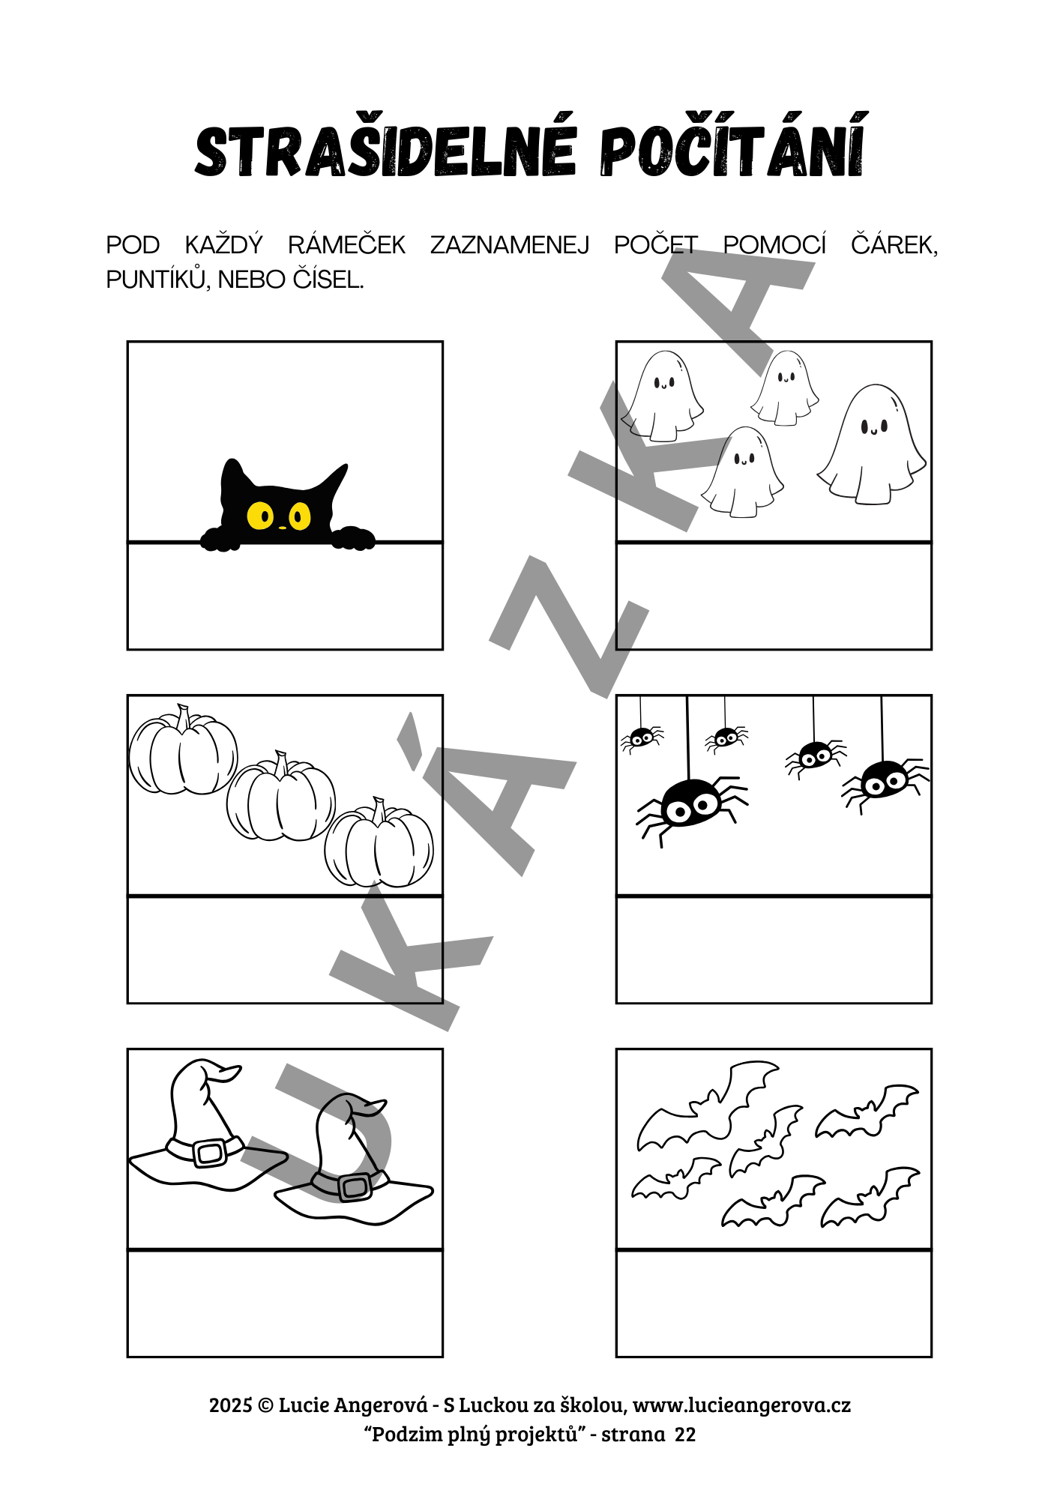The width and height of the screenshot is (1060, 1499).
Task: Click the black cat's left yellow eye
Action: [261, 515]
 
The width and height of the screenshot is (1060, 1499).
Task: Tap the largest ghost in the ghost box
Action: [872, 444]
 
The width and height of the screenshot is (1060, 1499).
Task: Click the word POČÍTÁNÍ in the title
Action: [733, 150]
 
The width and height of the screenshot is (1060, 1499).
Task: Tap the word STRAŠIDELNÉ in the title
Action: [386, 151]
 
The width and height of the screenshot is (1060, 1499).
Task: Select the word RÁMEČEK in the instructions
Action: [346, 245]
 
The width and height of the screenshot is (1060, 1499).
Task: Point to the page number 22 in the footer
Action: [685, 1435]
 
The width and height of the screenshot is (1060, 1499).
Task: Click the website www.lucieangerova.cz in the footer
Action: [741, 1405]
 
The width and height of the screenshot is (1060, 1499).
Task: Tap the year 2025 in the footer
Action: [231, 1405]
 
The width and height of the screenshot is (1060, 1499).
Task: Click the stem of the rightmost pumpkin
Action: [379, 809]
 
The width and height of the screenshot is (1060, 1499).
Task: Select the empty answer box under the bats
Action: [774, 1303]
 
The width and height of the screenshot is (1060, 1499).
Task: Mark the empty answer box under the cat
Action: [285, 596]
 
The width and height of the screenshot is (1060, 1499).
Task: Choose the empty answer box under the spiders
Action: [774, 950]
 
